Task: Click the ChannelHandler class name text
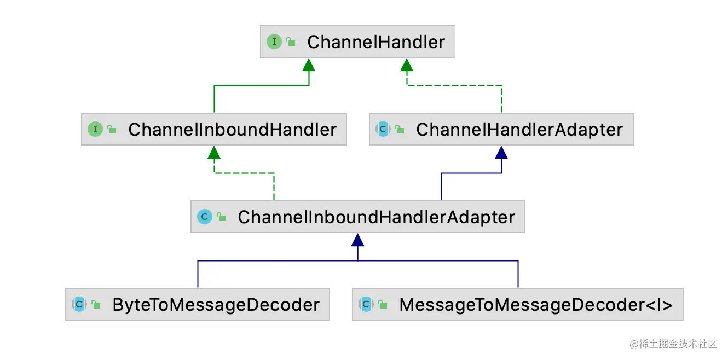(376, 42)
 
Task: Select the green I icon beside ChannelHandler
(274, 42)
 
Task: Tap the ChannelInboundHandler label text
(232, 130)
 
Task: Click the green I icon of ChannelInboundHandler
(95, 129)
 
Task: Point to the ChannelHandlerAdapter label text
(519, 130)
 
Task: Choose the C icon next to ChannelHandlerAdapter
(383, 129)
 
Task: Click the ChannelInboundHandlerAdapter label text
(376, 217)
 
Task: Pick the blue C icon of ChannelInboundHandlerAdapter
(205, 217)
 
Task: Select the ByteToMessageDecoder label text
(216, 304)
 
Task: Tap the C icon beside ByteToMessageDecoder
(79, 304)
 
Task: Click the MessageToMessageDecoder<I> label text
(535, 304)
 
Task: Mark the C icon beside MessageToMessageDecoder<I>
(366, 304)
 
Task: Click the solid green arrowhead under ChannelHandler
(309, 65)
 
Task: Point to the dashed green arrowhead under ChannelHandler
(406, 65)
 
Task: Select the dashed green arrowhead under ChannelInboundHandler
(214, 153)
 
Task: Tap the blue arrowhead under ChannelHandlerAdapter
(501, 153)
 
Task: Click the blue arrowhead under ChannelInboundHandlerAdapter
(357, 240)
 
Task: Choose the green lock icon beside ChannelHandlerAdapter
(400, 130)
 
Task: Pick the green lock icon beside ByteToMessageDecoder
(96, 305)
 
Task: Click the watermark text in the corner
(673, 344)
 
